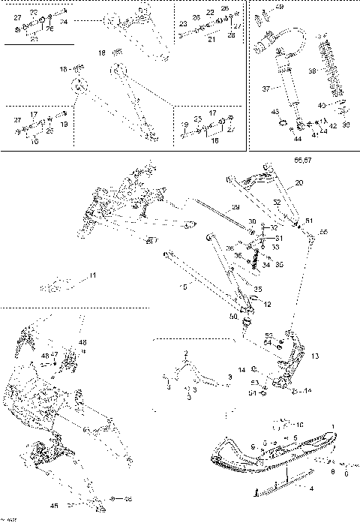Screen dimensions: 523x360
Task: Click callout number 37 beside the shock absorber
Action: (265, 88)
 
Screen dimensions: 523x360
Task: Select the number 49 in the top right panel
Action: (280, 7)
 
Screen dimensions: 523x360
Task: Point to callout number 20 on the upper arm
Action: (299, 182)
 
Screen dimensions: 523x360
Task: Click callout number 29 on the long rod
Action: (235, 207)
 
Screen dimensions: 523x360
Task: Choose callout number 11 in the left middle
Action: (93, 277)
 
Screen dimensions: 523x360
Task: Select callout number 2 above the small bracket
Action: (187, 352)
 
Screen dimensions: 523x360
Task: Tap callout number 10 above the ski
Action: (299, 425)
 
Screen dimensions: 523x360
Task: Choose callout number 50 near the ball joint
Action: (233, 317)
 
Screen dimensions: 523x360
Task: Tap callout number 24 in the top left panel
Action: (64, 23)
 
